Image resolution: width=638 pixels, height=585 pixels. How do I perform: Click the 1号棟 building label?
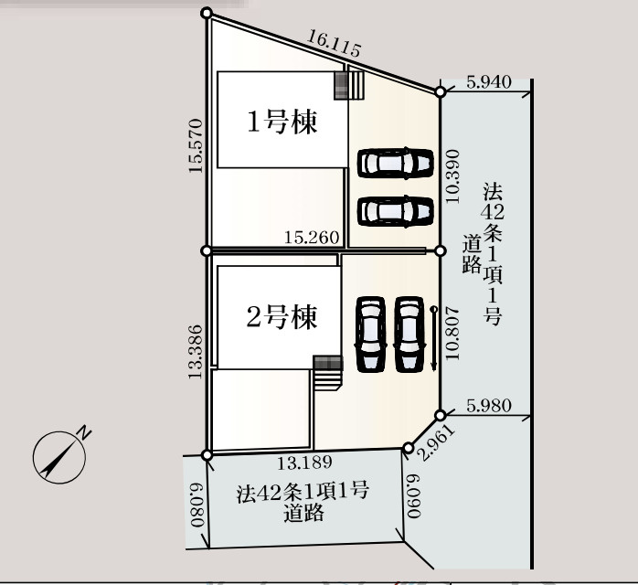coord(282,122)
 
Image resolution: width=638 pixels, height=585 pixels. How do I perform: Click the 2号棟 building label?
coord(282,317)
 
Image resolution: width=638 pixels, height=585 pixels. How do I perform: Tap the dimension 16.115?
coord(334,44)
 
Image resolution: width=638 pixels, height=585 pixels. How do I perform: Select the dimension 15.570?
coord(196,145)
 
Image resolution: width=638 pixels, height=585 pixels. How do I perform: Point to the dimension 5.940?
coord(489,82)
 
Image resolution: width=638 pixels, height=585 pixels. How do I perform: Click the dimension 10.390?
coord(452,176)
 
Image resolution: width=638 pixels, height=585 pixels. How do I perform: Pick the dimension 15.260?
coord(312,237)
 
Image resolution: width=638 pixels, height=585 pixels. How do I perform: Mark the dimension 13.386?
coord(196,352)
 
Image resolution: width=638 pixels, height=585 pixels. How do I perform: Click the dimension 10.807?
coord(452,334)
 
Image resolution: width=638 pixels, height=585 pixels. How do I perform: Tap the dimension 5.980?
coord(489,406)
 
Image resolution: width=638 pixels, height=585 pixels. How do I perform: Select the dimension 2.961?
coord(437,442)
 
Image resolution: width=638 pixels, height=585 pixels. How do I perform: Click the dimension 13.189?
coord(304,463)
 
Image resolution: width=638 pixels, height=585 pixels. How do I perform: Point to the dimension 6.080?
coord(197,505)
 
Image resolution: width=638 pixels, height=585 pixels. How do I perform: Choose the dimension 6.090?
coord(414,496)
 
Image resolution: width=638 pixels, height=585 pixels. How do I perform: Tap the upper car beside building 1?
coord(395,163)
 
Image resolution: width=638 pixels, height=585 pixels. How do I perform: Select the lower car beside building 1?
coord(395,211)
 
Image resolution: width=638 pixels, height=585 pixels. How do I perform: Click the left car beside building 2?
coord(370,335)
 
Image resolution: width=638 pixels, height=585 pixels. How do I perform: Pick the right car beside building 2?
coord(409,335)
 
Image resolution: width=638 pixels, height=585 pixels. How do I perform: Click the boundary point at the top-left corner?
coord(207,13)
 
